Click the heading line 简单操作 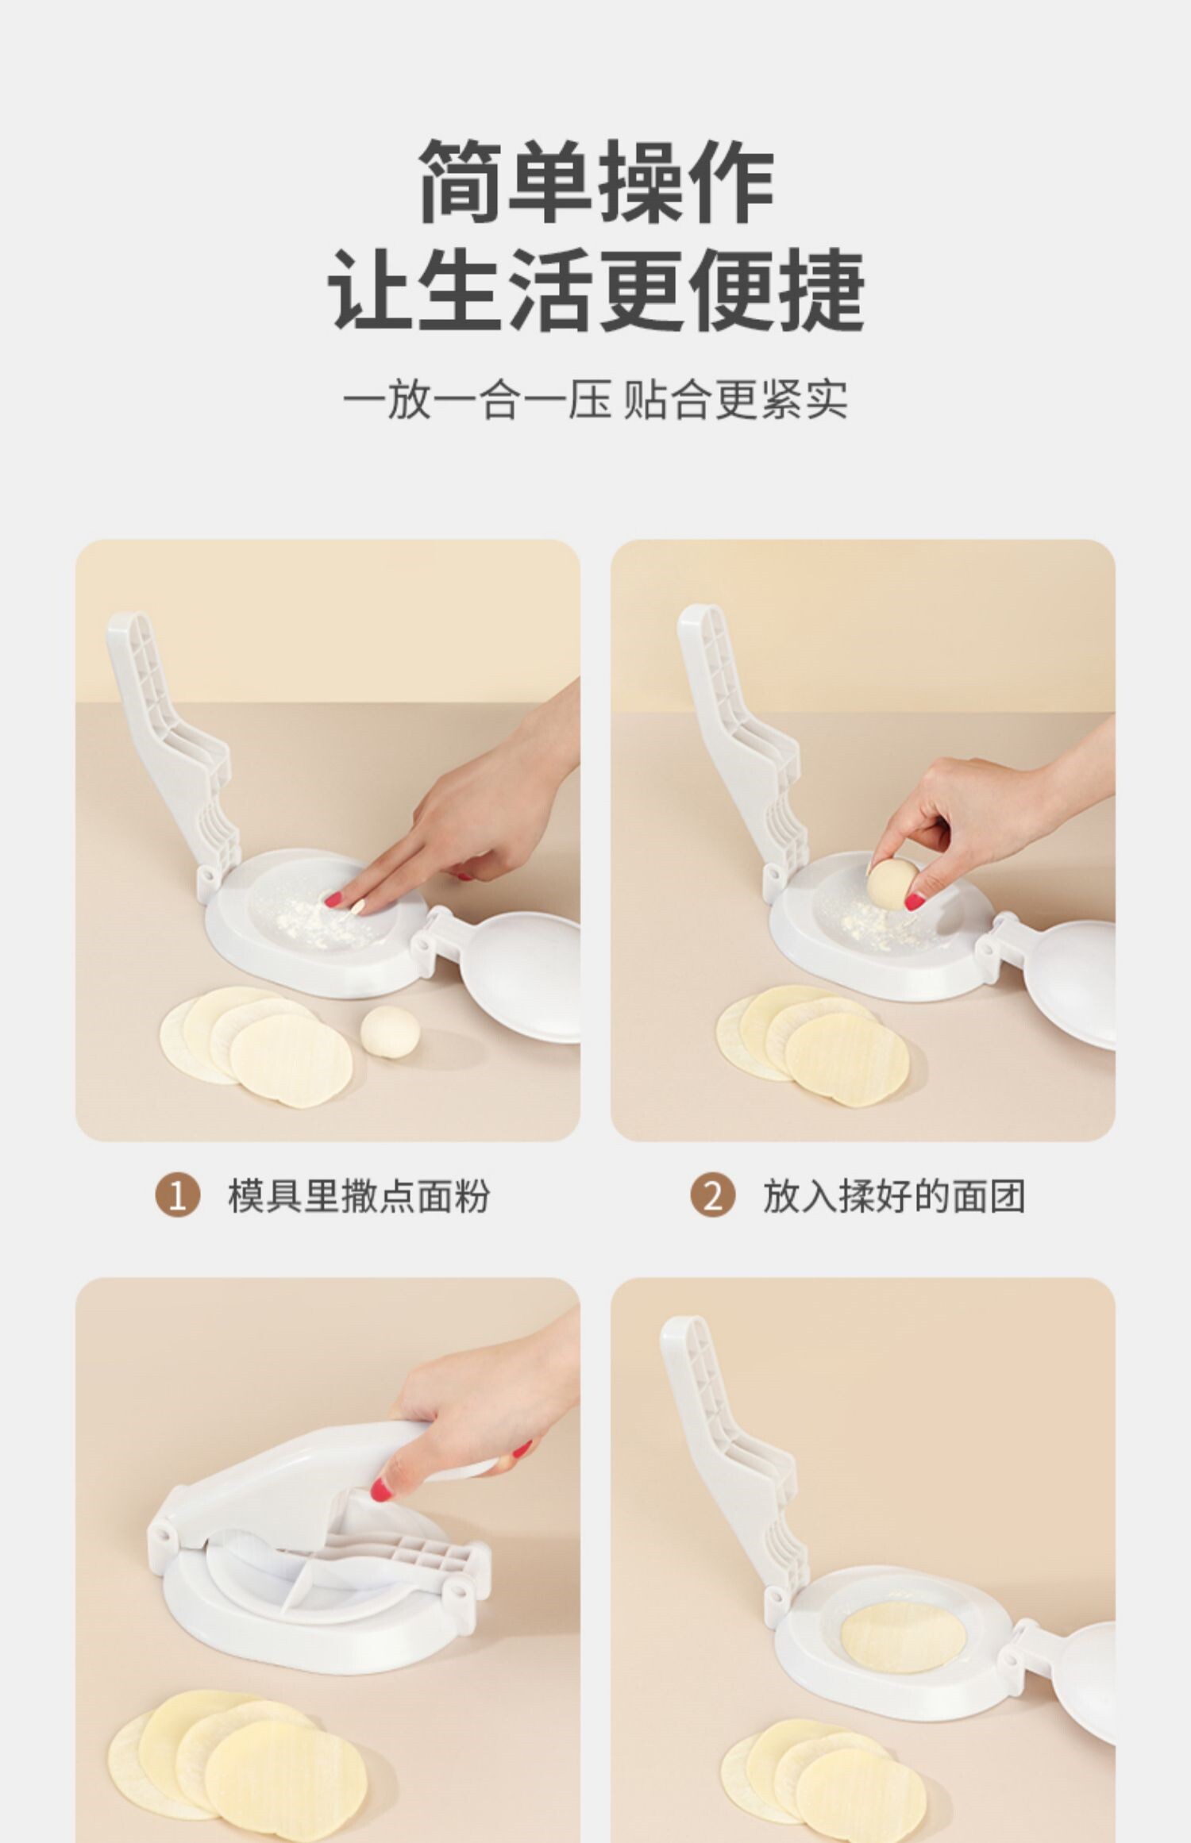pyautogui.click(x=596, y=180)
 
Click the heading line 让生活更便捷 pyautogui.click(x=596, y=289)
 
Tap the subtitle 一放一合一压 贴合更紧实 pyautogui.click(x=595, y=399)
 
